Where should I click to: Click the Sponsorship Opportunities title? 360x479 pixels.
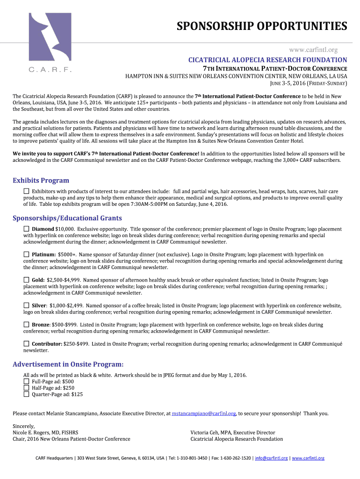coord(261,26)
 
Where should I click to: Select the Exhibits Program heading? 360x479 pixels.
coord(41,181)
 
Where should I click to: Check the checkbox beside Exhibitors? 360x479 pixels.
coord(27,191)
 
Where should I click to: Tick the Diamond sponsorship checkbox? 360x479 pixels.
coord(27,229)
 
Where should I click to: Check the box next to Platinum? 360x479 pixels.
coord(27,254)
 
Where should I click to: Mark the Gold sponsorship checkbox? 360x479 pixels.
coord(27,280)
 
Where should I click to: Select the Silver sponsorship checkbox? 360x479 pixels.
coord(27,305)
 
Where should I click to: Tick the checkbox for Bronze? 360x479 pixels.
coord(27,324)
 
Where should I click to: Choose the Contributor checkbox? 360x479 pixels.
coord(27,344)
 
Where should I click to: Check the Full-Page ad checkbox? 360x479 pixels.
coord(27,381)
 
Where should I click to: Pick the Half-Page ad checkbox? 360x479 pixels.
coord(27,388)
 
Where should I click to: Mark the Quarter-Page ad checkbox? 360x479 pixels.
coord(27,394)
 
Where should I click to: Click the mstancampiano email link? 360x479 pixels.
coord(204,414)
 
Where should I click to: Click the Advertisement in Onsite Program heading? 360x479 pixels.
coord(68,364)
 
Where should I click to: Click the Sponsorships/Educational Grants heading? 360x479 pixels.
coord(67,218)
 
